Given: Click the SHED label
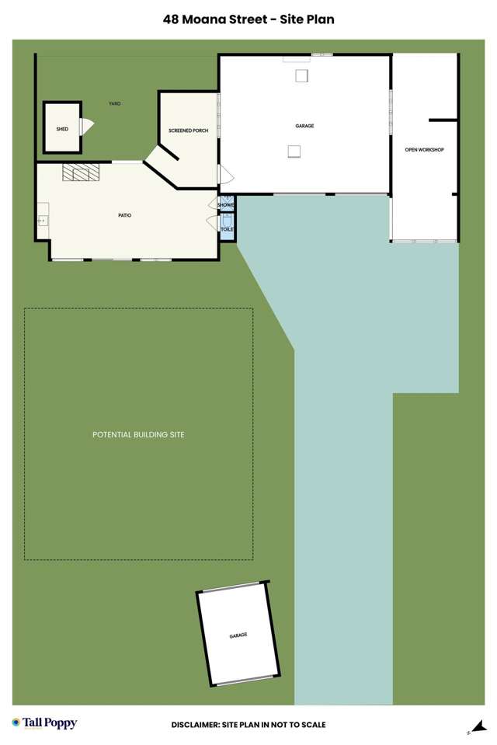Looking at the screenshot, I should click(62, 129).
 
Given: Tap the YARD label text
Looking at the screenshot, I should click(115, 103).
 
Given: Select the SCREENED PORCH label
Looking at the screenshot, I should click(189, 131).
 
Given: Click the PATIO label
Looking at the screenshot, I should click(124, 214).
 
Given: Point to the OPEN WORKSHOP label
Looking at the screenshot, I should click(424, 149).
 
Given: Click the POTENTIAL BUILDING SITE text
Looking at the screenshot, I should click(138, 434).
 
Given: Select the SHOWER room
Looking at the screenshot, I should click(226, 204).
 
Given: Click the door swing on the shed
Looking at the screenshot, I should click(87, 127).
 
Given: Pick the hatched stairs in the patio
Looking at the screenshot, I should click(82, 172).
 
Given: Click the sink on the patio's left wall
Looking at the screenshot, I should click(42, 221).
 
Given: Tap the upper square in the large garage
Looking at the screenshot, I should click(301, 75).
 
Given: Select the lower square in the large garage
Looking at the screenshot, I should click(294, 151).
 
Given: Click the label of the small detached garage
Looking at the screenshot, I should click(238, 635).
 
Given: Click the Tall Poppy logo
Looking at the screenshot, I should click(44, 723).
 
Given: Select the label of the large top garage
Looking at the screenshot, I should click(304, 126).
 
